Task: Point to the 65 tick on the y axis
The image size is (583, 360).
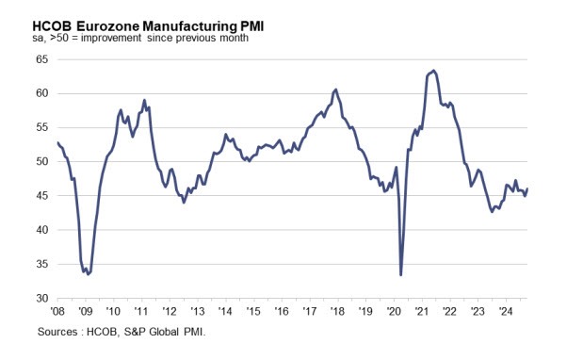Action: pos(41,58)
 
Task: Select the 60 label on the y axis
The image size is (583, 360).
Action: pos(41,93)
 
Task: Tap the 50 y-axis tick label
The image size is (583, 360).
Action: pos(41,161)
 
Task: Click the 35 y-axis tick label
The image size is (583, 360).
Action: pos(41,264)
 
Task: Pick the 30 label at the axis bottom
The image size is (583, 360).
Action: pos(41,298)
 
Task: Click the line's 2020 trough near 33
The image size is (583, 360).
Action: pos(401,274)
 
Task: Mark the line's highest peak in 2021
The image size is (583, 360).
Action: pos(433,71)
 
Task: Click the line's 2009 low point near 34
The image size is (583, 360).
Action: pos(86,273)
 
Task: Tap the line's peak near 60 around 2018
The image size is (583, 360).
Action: pos(336,90)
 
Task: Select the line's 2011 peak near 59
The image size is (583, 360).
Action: pos(144,100)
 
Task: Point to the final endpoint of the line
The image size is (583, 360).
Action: pos(527,188)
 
